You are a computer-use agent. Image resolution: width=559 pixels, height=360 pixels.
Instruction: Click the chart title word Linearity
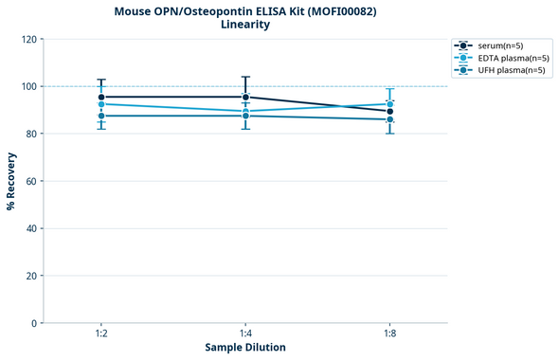tap(244, 25)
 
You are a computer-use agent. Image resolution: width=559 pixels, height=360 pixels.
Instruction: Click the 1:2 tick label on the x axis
tap(100, 335)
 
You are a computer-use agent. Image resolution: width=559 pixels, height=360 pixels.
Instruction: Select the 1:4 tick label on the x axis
tap(245, 335)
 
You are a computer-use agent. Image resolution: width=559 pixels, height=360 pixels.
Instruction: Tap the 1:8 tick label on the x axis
tap(389, 335)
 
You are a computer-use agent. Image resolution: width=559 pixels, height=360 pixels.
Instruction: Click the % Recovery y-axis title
tap(11, 181)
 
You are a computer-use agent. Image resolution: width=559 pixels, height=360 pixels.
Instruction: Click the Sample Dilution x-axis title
tap(245, 348)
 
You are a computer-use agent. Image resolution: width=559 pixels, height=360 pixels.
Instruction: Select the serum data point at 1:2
tap(101, 98)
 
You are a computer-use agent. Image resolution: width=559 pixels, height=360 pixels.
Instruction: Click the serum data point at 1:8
tap(390, 112)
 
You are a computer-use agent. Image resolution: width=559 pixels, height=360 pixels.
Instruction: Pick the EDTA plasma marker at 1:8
tap(390, 104)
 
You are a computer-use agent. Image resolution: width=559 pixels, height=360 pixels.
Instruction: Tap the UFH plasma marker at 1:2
tap(101, 116)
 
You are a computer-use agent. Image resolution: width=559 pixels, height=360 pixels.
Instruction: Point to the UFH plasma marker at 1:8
tap(390, 119)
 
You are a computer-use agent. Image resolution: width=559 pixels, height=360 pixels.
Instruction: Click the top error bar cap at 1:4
tap(245, 77)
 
